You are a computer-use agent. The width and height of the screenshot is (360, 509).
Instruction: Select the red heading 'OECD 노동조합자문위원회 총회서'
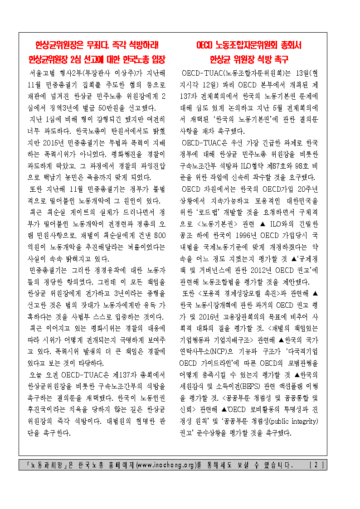(x=249, y=45)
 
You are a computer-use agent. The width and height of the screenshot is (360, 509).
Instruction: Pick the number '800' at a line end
(x=160, y=236)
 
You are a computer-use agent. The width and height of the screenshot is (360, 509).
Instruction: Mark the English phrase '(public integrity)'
(x=292, y=422)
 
